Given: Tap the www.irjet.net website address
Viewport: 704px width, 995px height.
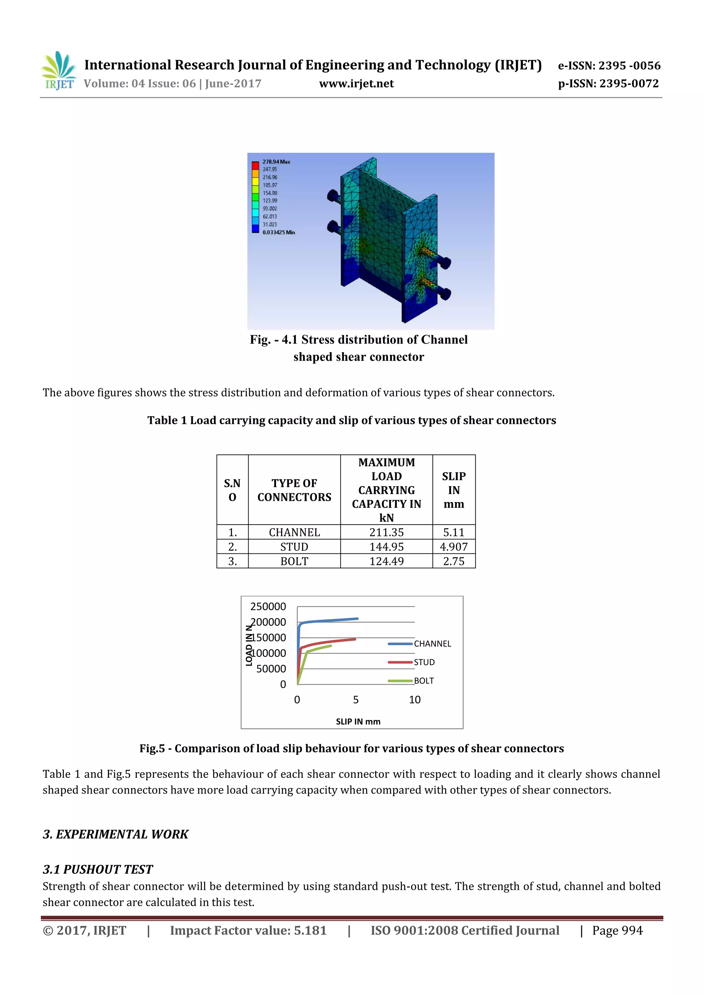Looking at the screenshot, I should tap(356, 83).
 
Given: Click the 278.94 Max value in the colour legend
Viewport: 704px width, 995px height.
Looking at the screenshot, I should tap(276, 161).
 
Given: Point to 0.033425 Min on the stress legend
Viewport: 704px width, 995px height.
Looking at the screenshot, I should tap(278, 232).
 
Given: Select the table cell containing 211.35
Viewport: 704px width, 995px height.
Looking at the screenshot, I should tap(386, 532).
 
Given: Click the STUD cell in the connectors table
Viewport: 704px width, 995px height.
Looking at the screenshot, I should tap(294, 547).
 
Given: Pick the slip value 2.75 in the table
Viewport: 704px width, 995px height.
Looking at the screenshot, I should tap(453, 561).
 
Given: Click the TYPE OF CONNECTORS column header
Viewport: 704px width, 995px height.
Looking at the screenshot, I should tap(294, 490).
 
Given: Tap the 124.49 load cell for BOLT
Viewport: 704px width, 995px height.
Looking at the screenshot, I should tap(386, 561).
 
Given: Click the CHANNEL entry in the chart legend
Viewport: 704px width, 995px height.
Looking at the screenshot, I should tap(432, 644).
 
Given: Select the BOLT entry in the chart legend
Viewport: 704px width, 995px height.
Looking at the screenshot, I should tap(423, 681).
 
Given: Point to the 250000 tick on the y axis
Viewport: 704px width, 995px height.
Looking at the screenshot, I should tap(268, 606).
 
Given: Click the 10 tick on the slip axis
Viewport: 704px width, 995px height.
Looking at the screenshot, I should tap(415, 700).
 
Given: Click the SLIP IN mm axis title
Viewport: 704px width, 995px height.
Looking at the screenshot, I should tap(358, 722).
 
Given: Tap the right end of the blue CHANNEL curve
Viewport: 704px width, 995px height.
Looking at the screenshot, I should tap(357, 618).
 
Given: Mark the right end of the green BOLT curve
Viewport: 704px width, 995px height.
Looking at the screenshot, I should tap(331, 646).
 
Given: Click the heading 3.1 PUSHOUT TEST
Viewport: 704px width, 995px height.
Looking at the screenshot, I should tap(98, 869).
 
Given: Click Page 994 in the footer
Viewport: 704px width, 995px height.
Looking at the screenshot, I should tap(617, 930).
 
